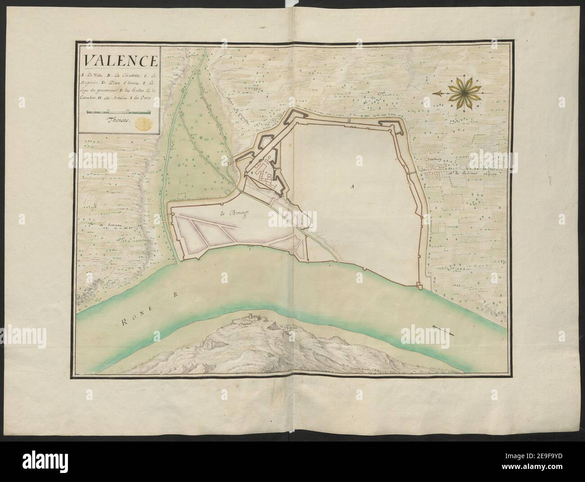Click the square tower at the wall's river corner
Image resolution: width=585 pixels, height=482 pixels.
click(x=419, y=284)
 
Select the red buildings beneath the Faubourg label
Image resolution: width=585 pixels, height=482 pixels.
click(x=434, y=167)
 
